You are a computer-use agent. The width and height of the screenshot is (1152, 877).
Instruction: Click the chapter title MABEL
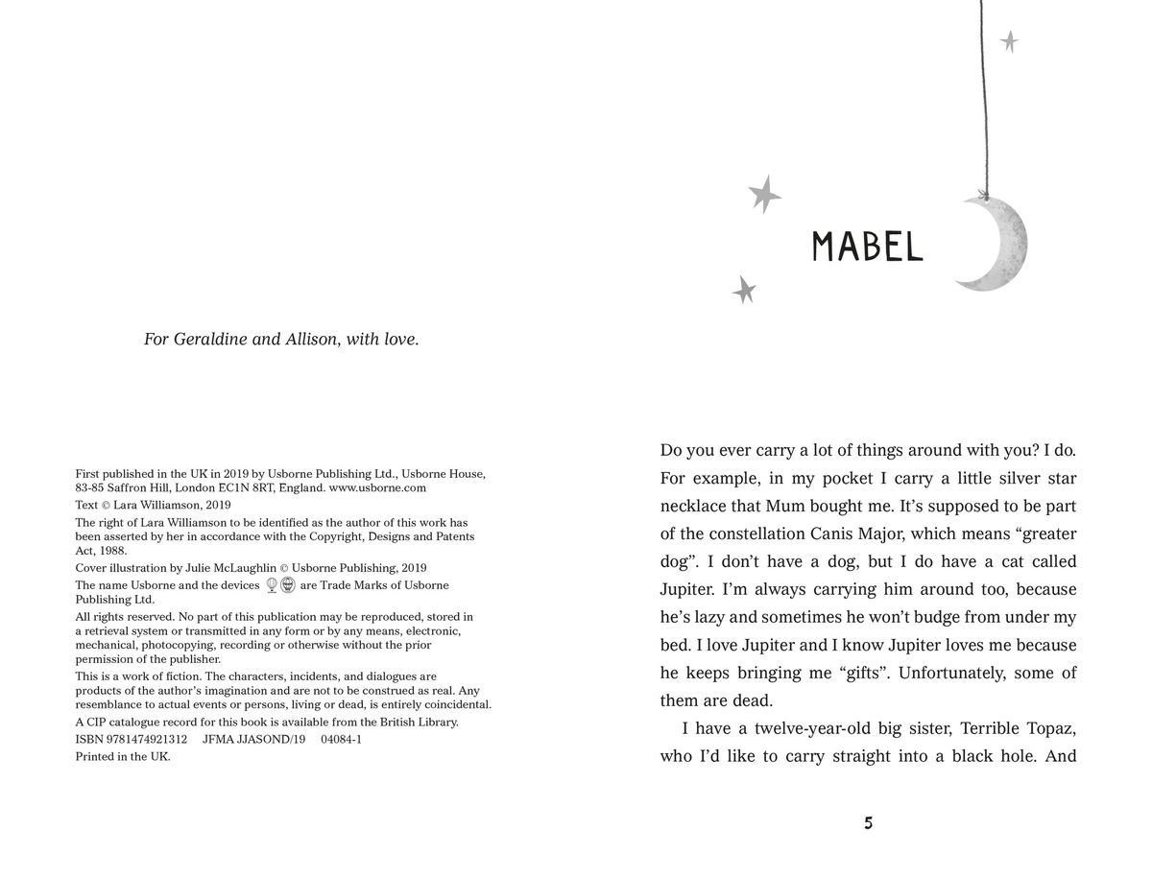click(x=867, y=247)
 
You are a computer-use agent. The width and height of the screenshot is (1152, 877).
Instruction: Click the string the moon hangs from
click(x=982, y=96)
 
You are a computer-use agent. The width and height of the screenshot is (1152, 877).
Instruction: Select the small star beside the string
click(x=1009, y=41)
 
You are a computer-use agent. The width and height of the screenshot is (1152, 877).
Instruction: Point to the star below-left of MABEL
click(x=743, y=289)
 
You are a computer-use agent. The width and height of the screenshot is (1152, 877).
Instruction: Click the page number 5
click(x=868, y=823)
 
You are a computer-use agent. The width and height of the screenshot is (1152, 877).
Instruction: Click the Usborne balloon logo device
click(x=272, y=585)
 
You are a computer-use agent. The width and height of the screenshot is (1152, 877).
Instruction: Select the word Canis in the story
click(x=864, y=533)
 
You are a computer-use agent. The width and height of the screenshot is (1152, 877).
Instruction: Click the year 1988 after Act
click(x=113, y=551)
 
